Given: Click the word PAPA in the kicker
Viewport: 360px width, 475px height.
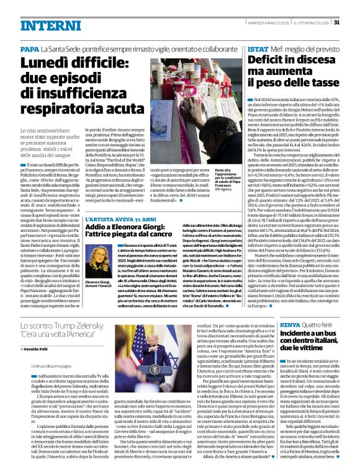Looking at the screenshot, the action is tap(29, 49).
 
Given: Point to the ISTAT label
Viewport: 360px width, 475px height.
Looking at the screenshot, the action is tap(258, 49).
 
